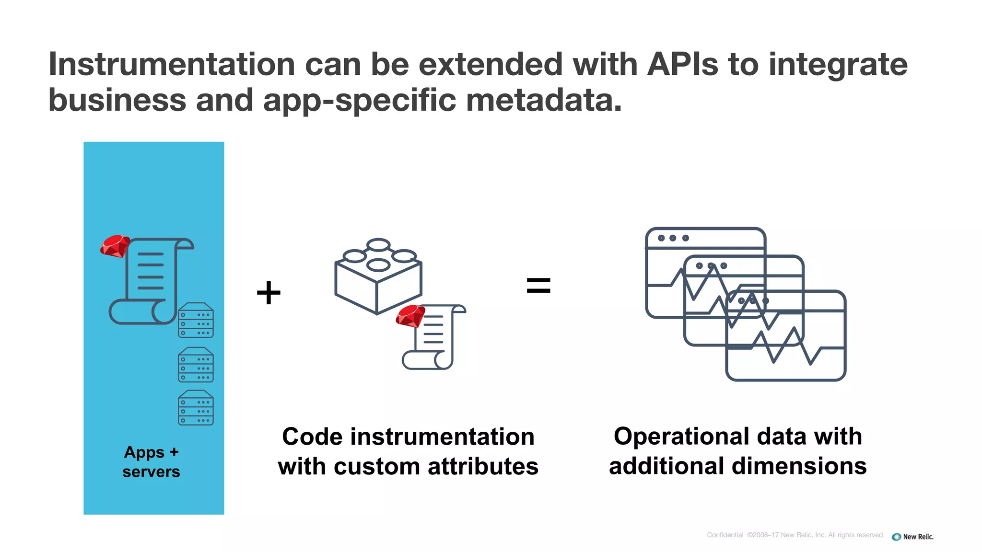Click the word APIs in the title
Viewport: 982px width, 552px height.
[x=682, y=65]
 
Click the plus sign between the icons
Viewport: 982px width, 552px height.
[x=269, y=292]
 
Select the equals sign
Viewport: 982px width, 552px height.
[x=538, y=286]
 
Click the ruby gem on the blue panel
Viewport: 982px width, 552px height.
[x=115, y=246]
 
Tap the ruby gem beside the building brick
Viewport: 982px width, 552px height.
[x=410, y=316]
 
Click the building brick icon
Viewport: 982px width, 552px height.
[x=378, y=278]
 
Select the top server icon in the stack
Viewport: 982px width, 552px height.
[x=196, y=320]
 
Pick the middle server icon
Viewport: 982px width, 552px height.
[x=196, y=365]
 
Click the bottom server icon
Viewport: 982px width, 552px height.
[x=196, y=408]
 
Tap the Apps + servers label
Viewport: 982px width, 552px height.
[x=151, y=461]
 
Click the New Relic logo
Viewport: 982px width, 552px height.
[x=912, y=537]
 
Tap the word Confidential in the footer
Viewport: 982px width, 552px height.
[x=725, y=535]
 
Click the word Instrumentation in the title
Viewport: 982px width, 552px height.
[x=172, y=65]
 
